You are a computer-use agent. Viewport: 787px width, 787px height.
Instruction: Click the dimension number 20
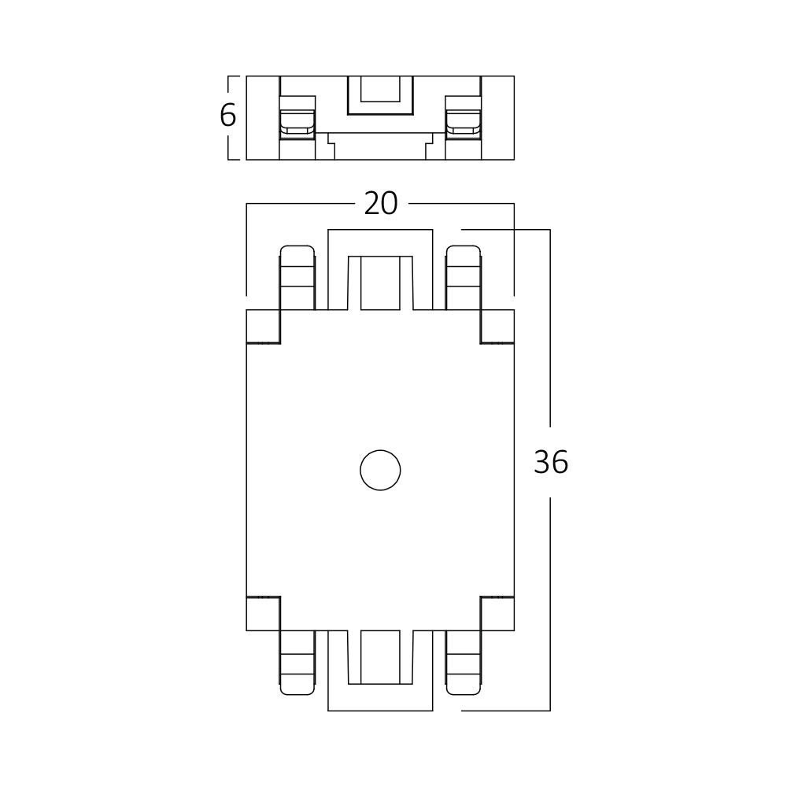(380, 204)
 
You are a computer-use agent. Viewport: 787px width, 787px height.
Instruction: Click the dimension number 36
(551, 462)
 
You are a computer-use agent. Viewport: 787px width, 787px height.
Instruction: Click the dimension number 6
(228, 116)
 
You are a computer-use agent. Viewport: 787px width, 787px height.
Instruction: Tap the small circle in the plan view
(380, 471)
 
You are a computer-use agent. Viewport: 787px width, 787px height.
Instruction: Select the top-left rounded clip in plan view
(297, 278)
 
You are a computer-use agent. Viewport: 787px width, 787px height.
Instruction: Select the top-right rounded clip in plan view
(464, 278)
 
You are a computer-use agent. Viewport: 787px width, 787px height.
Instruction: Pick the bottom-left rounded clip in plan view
(297, 663)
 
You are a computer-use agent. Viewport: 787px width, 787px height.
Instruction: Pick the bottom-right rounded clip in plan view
(464, 663)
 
